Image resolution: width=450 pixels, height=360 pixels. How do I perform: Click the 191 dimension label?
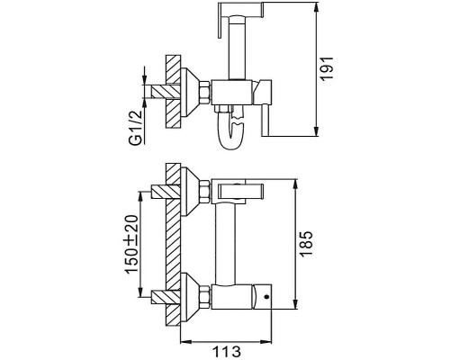(327, 68)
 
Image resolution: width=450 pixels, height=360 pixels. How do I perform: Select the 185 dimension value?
(306, 243)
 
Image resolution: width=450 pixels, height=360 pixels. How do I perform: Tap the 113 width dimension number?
(227, 351)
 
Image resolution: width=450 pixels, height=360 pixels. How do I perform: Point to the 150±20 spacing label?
(132, 244)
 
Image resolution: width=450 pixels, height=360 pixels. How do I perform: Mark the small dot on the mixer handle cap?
(265, 297)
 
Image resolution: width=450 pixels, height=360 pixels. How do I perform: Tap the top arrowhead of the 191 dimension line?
(316, 7)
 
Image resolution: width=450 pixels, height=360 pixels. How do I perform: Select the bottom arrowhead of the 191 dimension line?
(316, 132)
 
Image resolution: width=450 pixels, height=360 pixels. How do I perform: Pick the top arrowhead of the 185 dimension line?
(295, 184)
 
